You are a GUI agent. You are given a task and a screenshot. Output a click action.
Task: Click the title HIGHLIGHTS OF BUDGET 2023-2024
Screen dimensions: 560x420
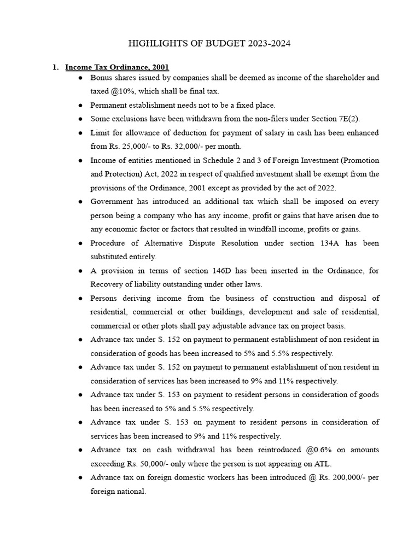click(x=209, y=43)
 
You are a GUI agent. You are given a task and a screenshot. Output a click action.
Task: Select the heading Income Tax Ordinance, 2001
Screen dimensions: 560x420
click(x=117, y=67)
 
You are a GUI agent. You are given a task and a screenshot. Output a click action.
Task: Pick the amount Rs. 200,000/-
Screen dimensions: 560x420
click(x=342, y=477)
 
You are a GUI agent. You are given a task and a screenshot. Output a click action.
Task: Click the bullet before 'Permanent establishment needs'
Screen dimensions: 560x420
click(x=80, y=106)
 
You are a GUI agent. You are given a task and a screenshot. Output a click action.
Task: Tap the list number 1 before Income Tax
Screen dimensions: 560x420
click(x=55, y=67)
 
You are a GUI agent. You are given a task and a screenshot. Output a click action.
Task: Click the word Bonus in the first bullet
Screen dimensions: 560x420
click(x=102, y=78)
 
